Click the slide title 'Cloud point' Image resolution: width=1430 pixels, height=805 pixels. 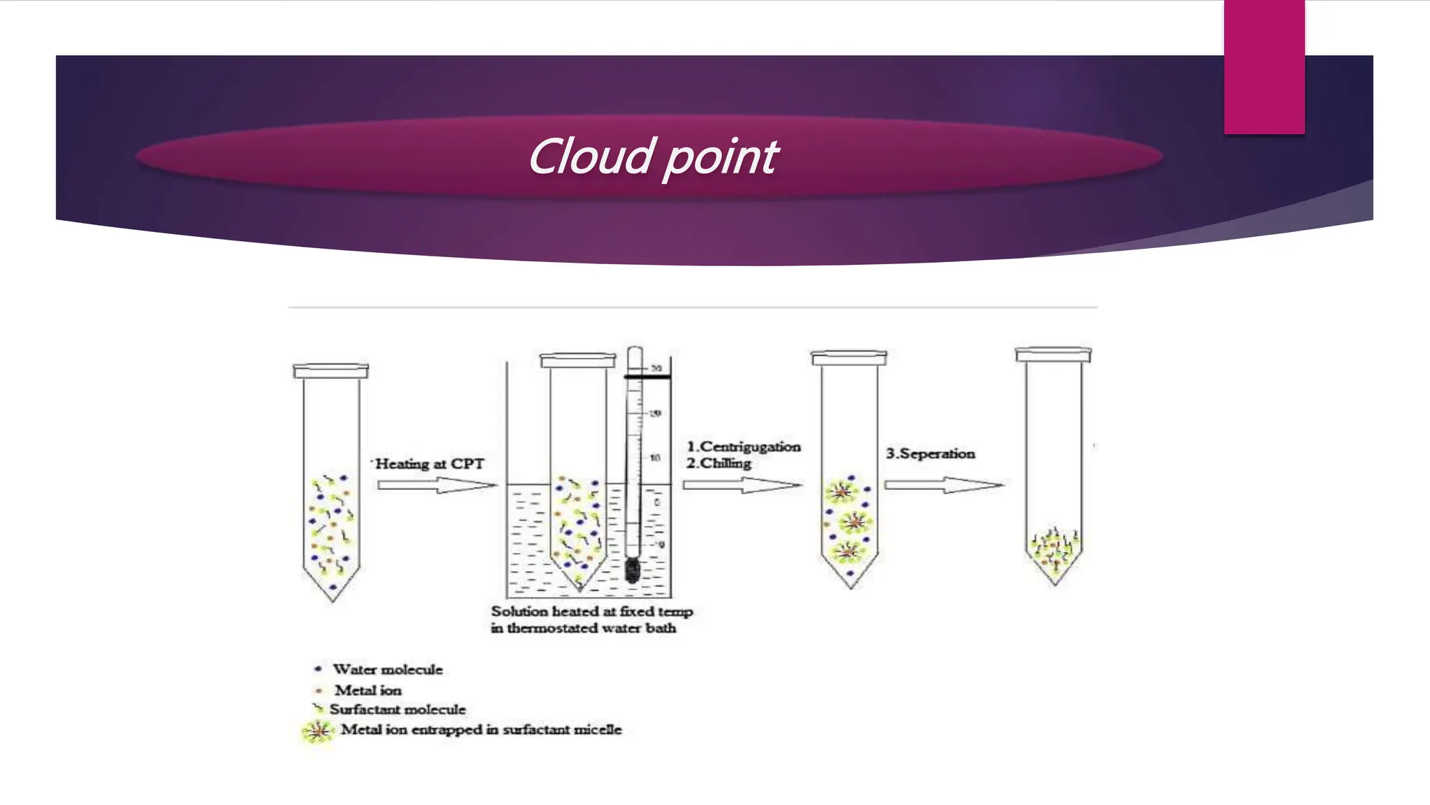coord(653,157)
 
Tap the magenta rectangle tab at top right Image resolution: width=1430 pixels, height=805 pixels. coord(1264,66)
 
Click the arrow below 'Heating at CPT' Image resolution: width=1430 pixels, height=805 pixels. coord(437,484)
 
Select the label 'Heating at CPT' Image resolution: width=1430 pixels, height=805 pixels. coord(429,464)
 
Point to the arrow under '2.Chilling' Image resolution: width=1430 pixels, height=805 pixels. coord(742,484)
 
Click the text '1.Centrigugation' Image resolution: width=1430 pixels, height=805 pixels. coord(744,447)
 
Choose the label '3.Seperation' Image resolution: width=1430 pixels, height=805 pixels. coord(930,454)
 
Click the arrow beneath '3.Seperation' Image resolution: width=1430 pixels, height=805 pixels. coord(944,484)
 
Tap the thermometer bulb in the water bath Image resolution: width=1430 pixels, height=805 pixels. coord(633,569)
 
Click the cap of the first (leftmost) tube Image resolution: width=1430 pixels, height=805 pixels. coord(331,371)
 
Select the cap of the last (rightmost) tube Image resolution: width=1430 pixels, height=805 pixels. coord(1053,354)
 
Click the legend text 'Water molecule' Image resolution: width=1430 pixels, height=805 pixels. coord(388,669)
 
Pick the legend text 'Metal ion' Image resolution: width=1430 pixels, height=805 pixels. coord(368,690)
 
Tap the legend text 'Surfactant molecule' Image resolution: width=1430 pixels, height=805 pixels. coord(397,709)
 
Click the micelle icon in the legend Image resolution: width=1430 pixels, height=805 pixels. coord(318,731)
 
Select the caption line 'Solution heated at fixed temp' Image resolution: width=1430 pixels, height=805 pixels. coord(592,611)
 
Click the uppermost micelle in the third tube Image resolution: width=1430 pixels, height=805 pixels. coord(842,492)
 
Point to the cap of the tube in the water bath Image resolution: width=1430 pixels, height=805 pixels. coord(578,360)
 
